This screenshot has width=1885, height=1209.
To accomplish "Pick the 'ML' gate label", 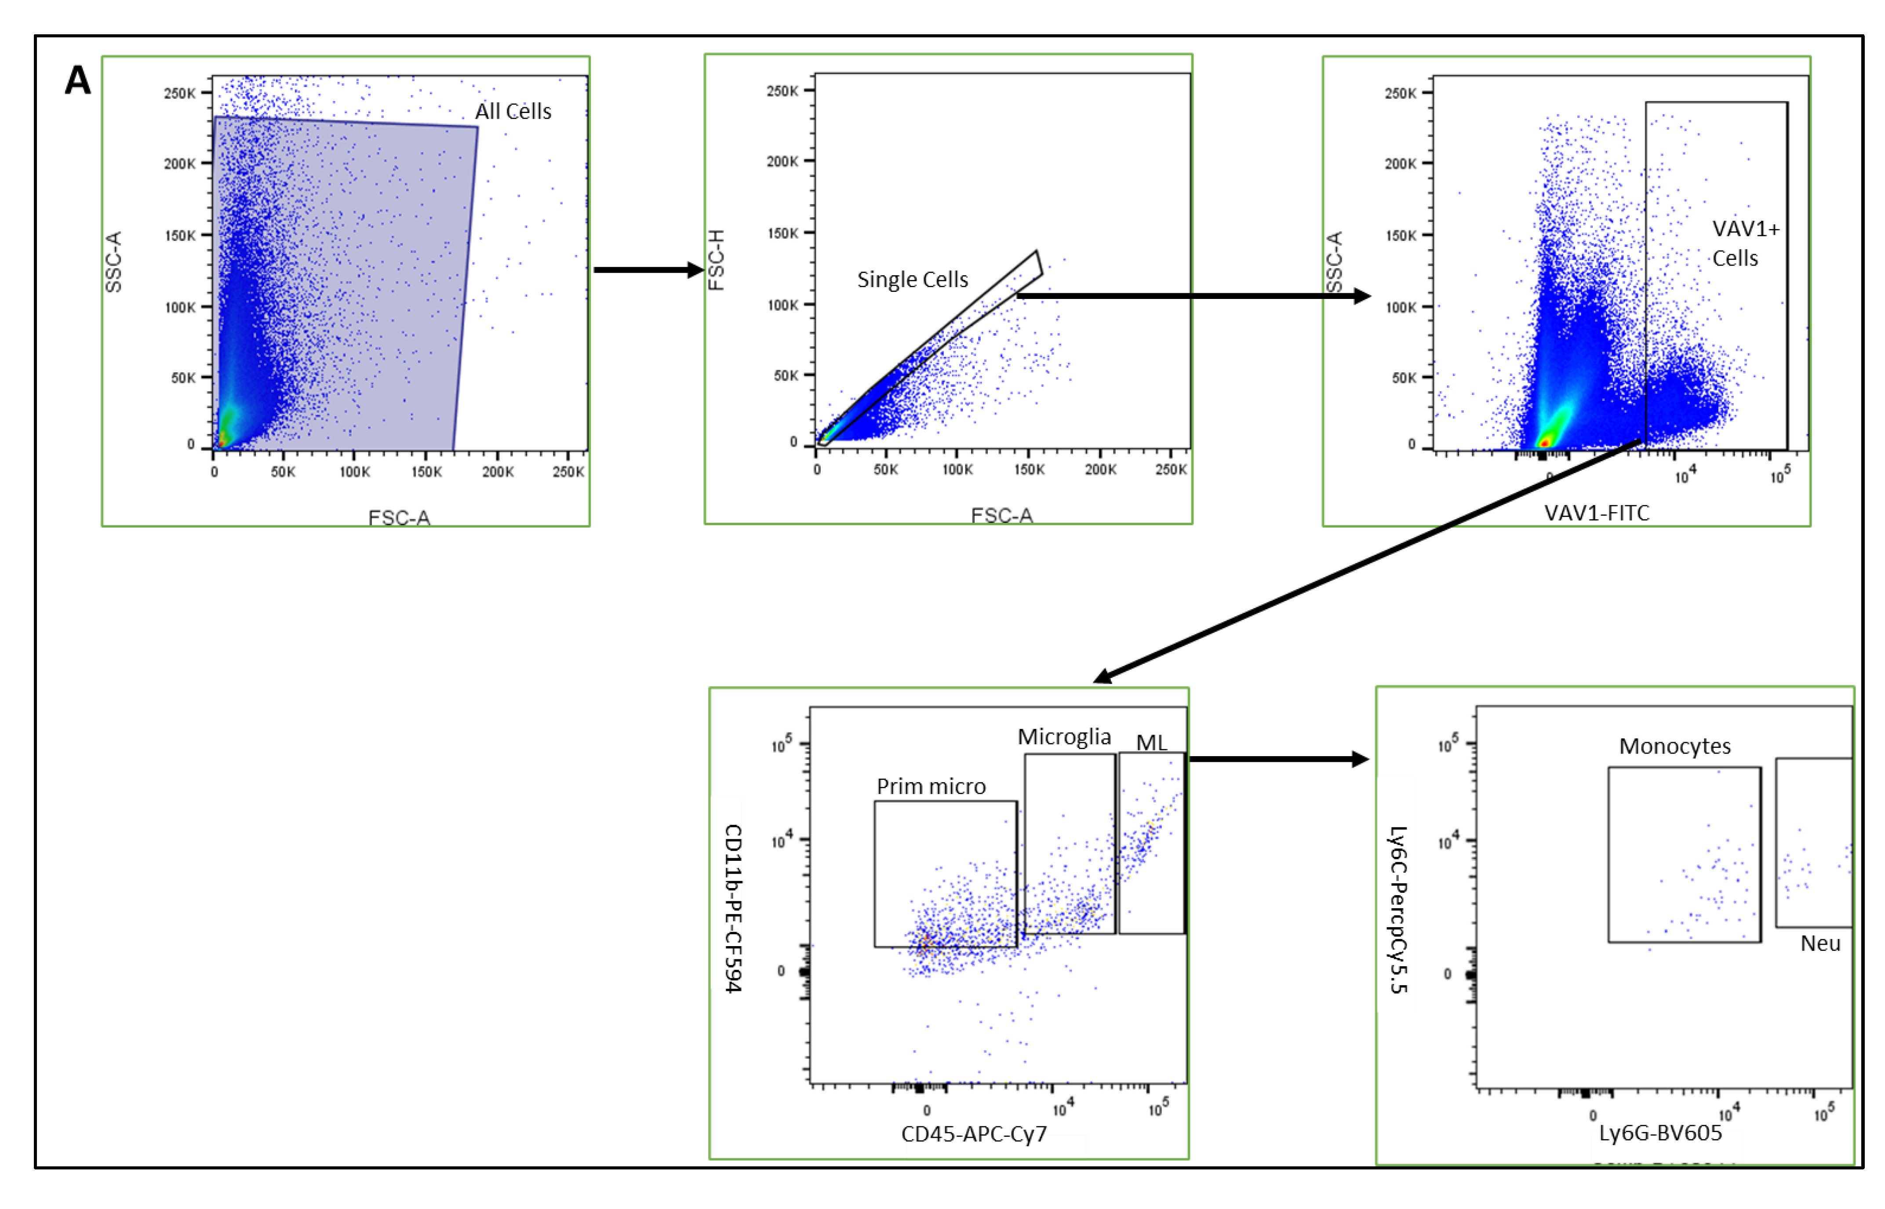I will [x=1151, y=743].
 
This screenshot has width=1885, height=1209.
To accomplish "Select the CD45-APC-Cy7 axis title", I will [x=973, y=1134].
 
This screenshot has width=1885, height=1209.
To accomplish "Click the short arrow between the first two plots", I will [x=648, y=270].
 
